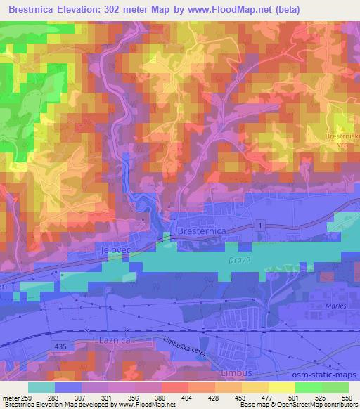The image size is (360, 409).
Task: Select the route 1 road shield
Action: point(261,225)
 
